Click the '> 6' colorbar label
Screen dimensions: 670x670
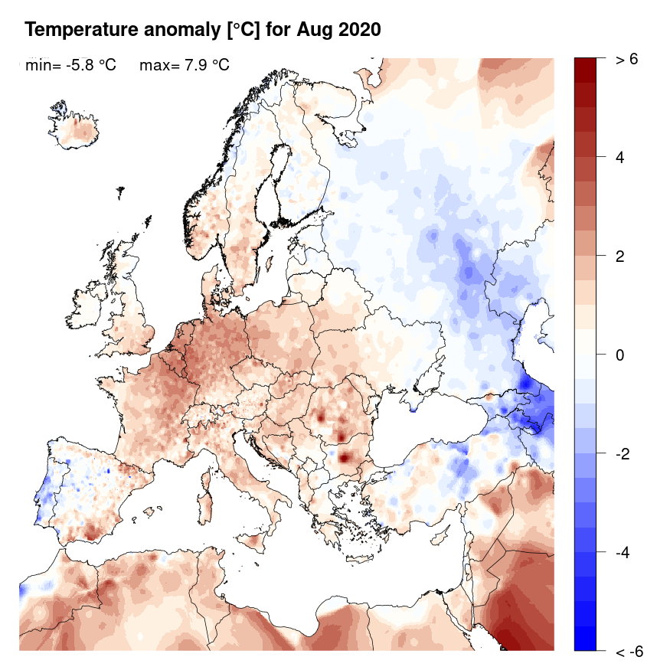(x=626, y=60)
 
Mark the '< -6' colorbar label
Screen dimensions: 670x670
(x=629, y=652)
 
